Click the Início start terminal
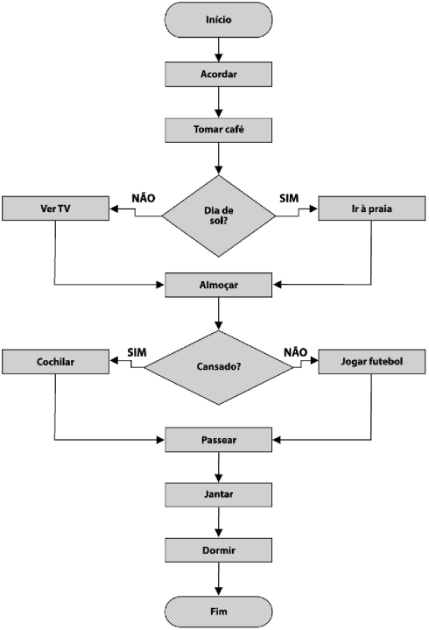click(219, 18)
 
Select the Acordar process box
click(219, 74)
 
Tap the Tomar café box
click(219, 130)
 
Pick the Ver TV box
click(55, 209)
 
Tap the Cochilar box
click(55, 362)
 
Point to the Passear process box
click(219, 438)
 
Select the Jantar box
click(219, 494)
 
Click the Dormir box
click(219, 550)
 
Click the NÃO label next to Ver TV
click(143, 198)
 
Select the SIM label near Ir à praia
click(289, 198)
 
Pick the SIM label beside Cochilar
click(137, 352)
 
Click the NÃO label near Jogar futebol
click(295, 352)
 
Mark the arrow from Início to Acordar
click(219, 49)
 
